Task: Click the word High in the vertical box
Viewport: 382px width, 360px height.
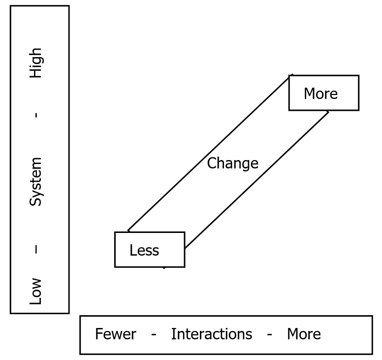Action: pyautogui.click(x=35, y=63)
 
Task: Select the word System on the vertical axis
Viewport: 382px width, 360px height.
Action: pyautogui.click(x=35, y=182)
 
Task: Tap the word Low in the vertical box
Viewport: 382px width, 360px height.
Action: pyautogui.click(x=35, y=291)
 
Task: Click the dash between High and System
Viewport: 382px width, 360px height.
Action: pyautogui.click(x=36, y=115)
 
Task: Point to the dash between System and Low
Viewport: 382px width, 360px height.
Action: pyautogui.click(x=36, y=249)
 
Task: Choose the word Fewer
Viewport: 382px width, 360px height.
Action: pyautogui.click(x=116, y=334)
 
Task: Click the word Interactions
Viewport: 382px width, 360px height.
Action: pyautogui.click(x=212, y=334)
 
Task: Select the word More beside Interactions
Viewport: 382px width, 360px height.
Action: pyautogui.click(x=304, y=334)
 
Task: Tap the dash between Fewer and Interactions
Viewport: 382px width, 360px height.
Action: pyautogui.click(x=154, y=335)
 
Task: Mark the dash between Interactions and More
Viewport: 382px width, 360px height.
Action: pyautogui.click(x=269, y=335)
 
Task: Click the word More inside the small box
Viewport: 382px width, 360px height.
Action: pyautogui.click(x=320, y=94)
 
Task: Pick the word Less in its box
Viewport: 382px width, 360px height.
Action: pyautogui.click(x=144, y=250)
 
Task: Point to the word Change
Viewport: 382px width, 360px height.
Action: pyautogui.click(x=233, y=164)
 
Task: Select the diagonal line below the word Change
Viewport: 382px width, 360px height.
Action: pyautogui.click(x=256, y=180)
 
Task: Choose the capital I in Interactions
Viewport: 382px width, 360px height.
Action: pyautogui.click(x=173, y=334)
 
